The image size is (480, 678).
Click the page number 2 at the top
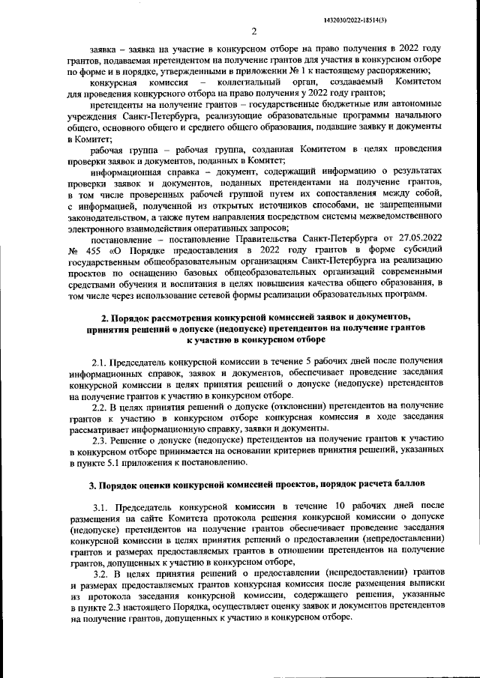(254, 31)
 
